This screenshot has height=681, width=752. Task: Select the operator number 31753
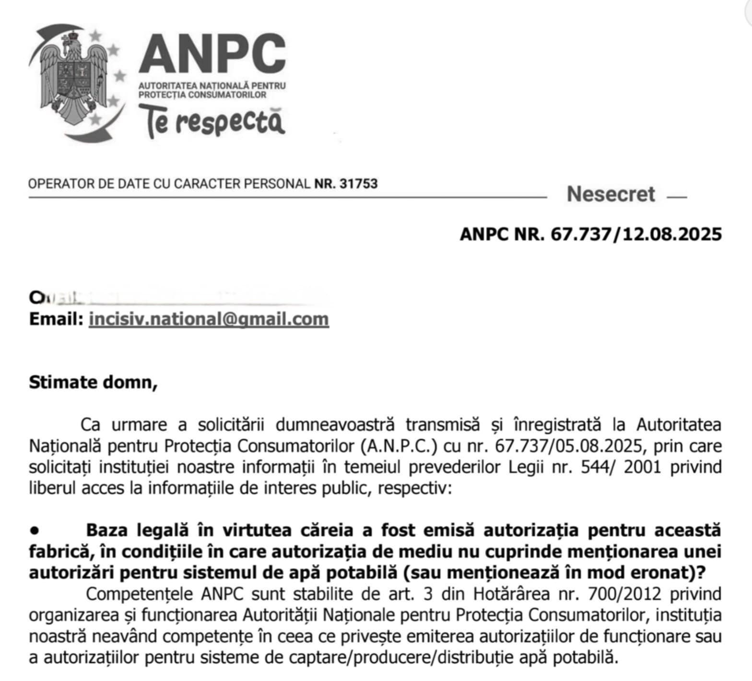point(358,184)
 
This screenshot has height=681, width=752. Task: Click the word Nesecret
point(611,194)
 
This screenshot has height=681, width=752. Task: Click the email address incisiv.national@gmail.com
point(209,319)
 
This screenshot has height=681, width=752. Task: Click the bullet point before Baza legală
point(34,530)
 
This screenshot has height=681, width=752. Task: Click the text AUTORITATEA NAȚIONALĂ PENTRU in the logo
point(212,85)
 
